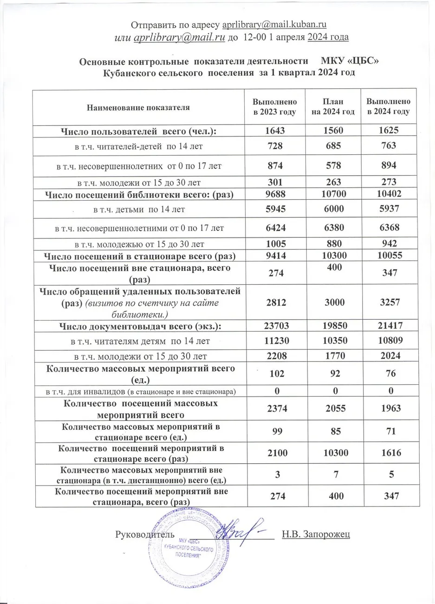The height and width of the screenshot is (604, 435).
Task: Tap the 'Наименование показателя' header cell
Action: pyautogui.click(x=138, y=107)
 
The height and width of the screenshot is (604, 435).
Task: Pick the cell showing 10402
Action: pyautogui.click(x=388, y=195)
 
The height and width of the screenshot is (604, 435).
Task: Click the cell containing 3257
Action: pyautogui.click(x=388, y=302)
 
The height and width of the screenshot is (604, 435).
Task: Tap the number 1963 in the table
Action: pyautogui.click(x=388, y=408)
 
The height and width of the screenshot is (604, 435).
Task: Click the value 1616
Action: pyautogui.click(x=388, y=453)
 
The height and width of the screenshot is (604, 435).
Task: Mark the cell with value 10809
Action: pyautogui.click(x=388, y=341)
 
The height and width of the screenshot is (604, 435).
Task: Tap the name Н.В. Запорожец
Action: pyautogui.click(x=316, y=534)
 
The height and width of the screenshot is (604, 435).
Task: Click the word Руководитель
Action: pyautogui.click(x=144, y=534)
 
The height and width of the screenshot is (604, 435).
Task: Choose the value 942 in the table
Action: pyautogui.click(x=388, y=243)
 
